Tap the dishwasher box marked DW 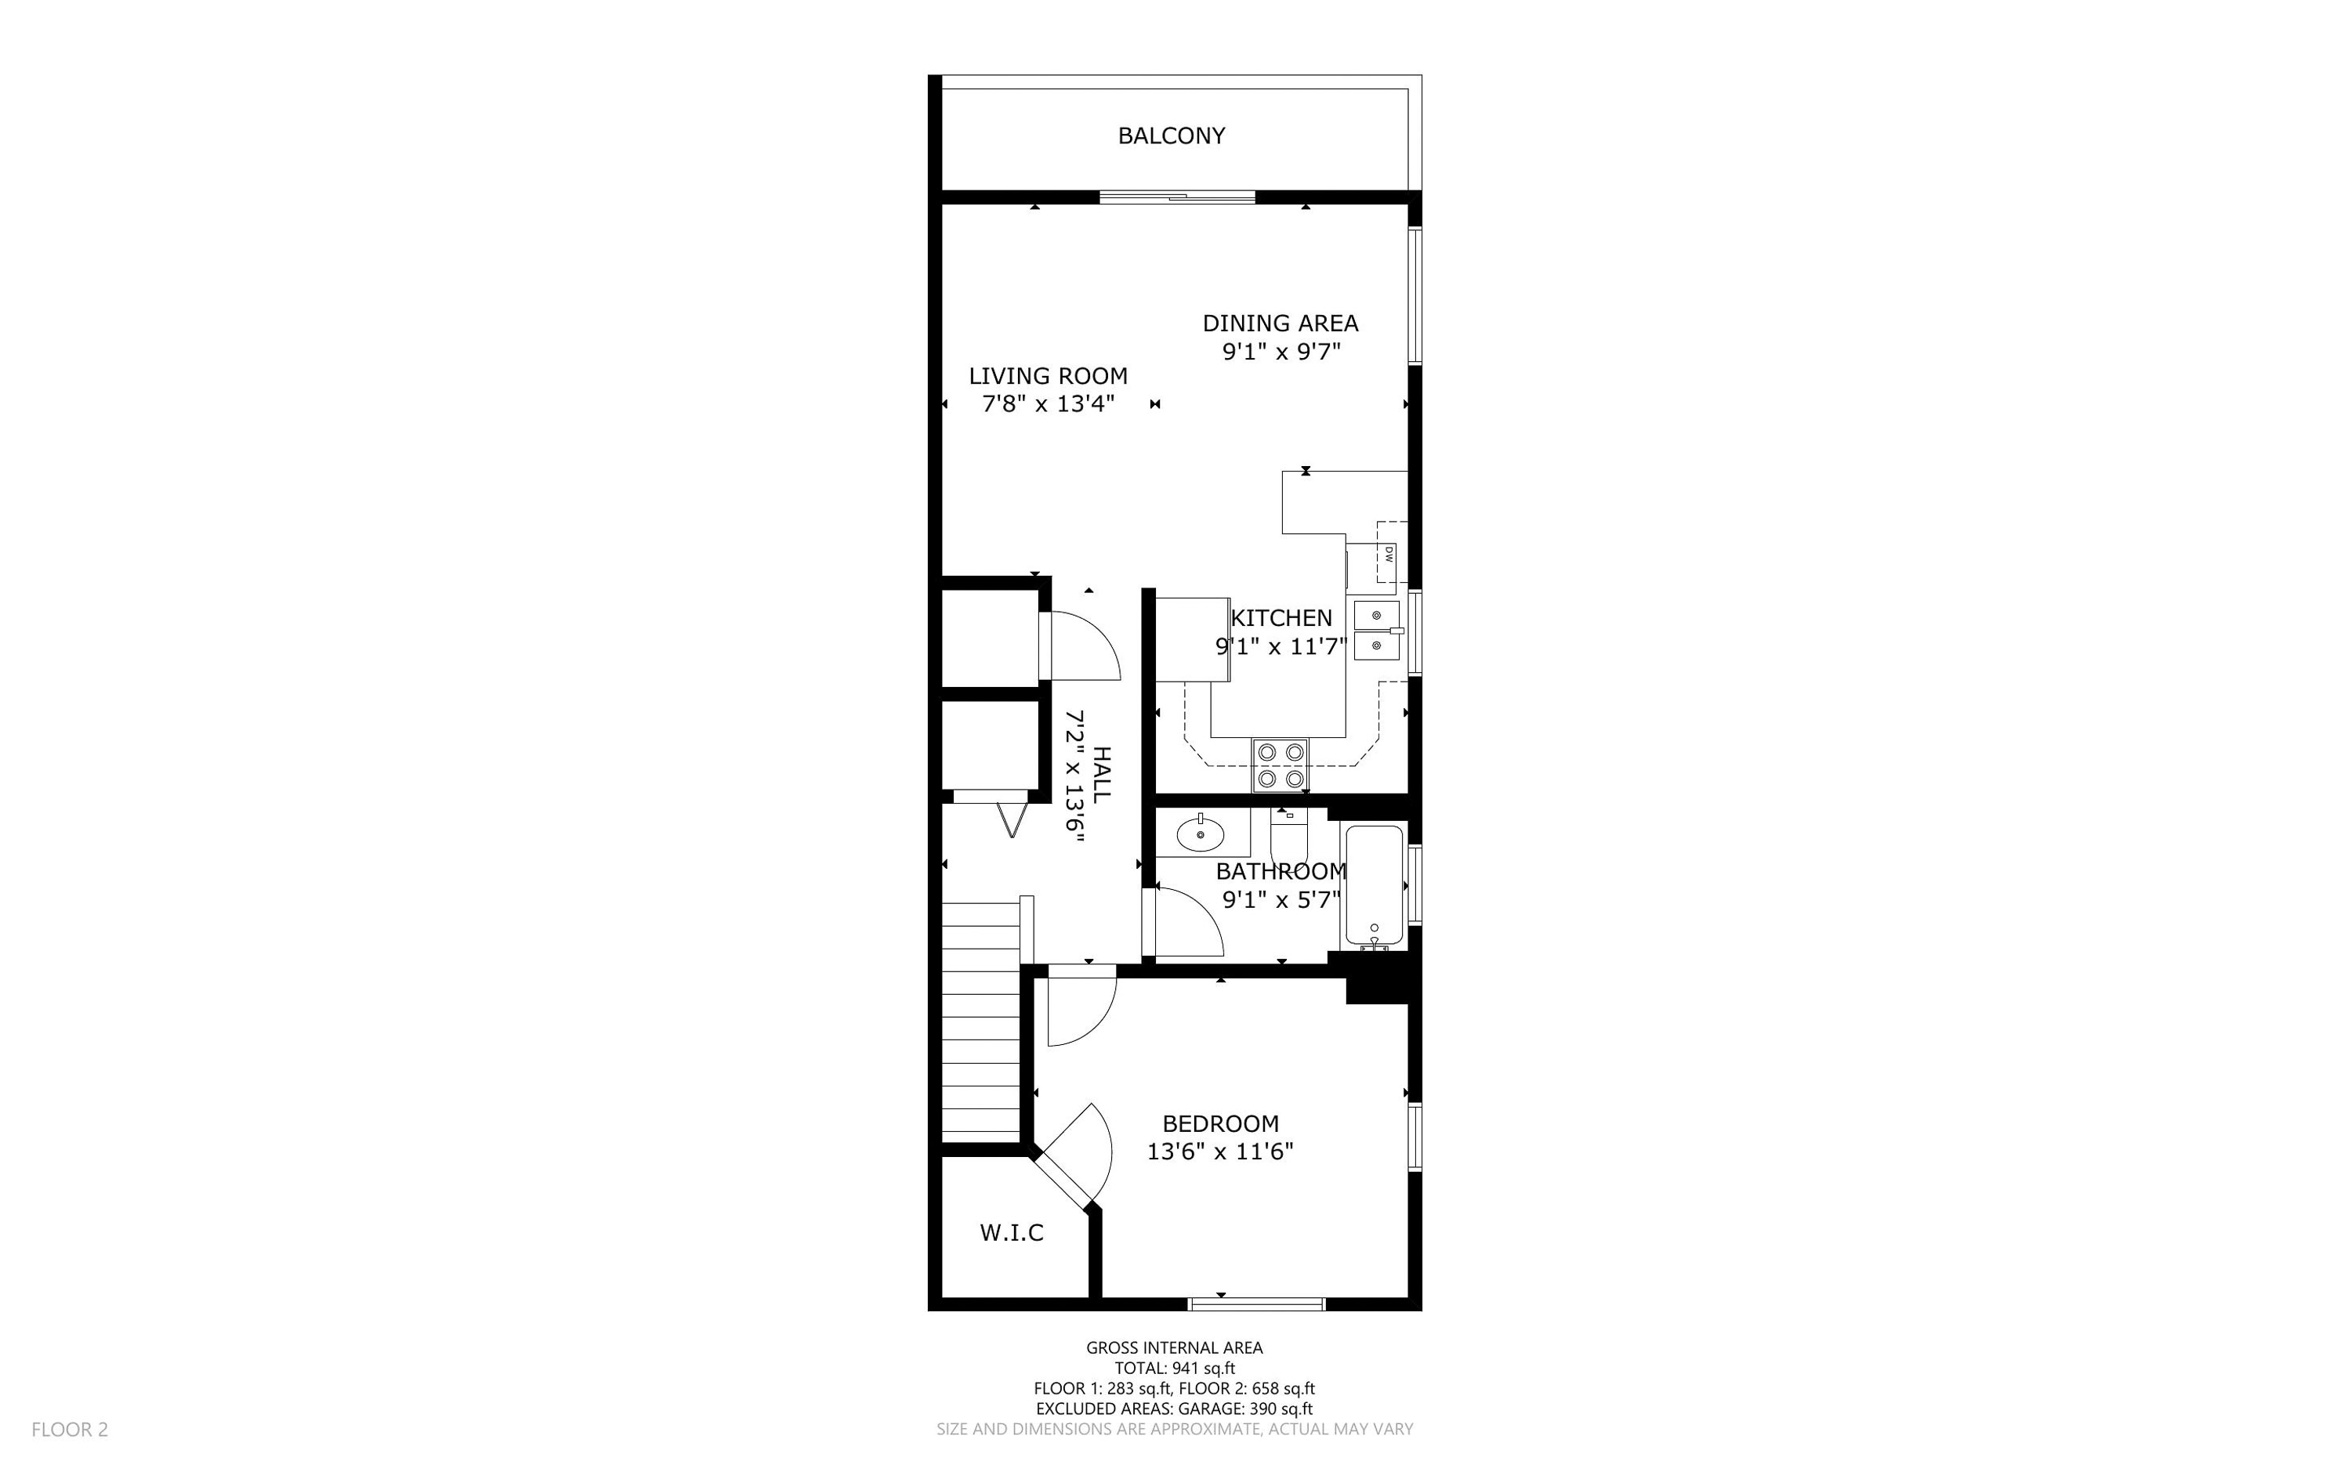click(x=1388, y=555)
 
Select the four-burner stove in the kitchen click(x=1280, y=765)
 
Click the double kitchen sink click(x=1377, y=630)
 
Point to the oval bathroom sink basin click(x=1201, y=834)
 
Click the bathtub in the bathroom click(x=1373, y=885)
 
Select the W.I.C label click(x=1011, y=1233)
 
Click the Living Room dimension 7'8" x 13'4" click(x=1048, y=404)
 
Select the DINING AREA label click(x=1280, y=324)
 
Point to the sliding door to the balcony click(x=1177, y=198)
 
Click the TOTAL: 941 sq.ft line click(x=1174, y=1368)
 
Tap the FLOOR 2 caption click(x=70, y=1429)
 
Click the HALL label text click(x=1100, y=774)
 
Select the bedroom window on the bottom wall click(x=1255, y=1303)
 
